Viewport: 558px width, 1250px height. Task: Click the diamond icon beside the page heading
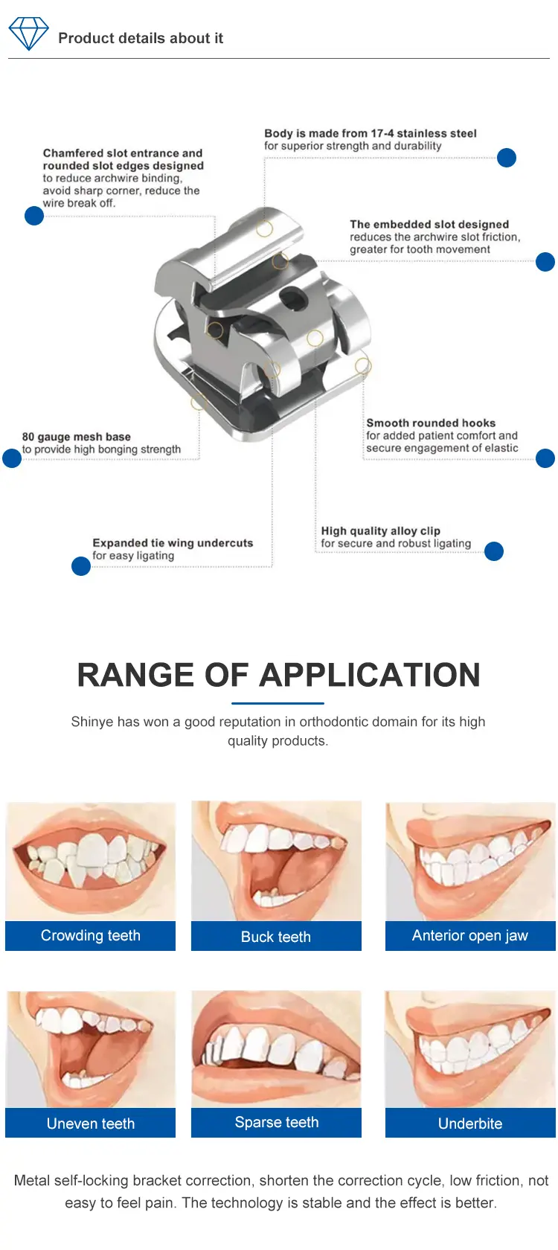point(28,33)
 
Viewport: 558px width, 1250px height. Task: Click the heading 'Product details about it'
point(141,38)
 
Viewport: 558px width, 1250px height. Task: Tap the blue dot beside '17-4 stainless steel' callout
point(506,158)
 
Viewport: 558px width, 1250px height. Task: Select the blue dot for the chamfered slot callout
point(34,216)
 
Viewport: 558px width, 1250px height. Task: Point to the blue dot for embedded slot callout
point(545,262)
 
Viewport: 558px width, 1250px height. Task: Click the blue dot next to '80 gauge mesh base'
point(12,458)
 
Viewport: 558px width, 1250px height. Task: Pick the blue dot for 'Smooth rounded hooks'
point(545,458)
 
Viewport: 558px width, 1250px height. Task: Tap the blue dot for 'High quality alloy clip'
point(494,551)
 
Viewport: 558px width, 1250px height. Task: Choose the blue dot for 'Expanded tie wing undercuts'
point(81,566)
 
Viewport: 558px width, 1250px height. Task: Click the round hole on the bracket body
point(292,298)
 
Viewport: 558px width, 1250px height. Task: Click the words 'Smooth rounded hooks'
point(431,423)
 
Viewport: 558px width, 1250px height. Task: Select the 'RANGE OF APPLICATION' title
point(278,675)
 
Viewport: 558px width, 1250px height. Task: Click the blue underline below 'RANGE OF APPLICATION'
point(278,703)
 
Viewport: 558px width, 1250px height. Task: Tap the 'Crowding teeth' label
point(91,935)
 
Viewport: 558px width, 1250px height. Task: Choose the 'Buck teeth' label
point(275,936)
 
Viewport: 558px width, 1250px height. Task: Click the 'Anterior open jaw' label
point(470,936)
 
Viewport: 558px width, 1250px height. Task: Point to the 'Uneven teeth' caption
point(91,1124)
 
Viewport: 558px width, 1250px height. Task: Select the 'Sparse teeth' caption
point(276,1122)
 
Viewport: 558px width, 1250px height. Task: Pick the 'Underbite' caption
point(470,1124)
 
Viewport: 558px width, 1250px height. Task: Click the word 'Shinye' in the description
point(92,722)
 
